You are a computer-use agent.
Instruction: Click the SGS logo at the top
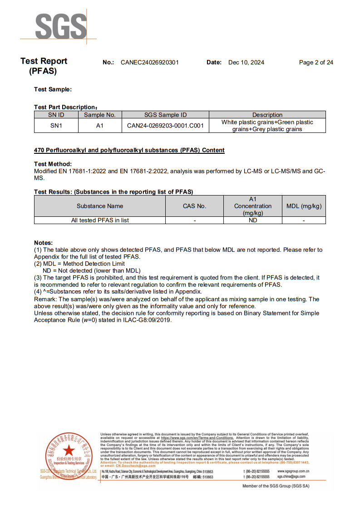(x=61, y=26)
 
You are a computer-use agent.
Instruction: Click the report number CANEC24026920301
(x=150, y=63)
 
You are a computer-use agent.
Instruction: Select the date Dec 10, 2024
(x=246, y=63)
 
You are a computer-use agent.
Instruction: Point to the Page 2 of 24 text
(x=316, y=63)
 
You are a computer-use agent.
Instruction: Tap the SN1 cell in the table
(x=56, y=126)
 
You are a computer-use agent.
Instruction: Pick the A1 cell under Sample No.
(x=100, y=126)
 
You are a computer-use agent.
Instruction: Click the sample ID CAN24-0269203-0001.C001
(x=165, y=126)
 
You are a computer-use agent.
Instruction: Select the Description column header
(x=267, y=115)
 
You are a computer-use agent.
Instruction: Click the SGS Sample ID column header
(x=165, y=115)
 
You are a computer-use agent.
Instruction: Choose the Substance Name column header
(x=100, y=206)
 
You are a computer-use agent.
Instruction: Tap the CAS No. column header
(x=194, y=206)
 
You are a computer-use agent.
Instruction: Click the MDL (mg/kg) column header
(x=304, y=206)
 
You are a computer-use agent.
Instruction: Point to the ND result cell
(x=253, y=220)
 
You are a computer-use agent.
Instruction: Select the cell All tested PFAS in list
(x=100, y=220)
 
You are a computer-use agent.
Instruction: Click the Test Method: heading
(x=53, y=164)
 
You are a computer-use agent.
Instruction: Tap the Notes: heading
(x=43, y=243)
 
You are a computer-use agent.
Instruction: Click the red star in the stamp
(x=69, y=450)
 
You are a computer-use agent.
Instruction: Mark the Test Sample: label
(x=53, y=89)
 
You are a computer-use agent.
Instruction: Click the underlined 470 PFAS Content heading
(x=129, y=150)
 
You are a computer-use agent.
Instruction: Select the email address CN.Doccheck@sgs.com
(x=135, y=466)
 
